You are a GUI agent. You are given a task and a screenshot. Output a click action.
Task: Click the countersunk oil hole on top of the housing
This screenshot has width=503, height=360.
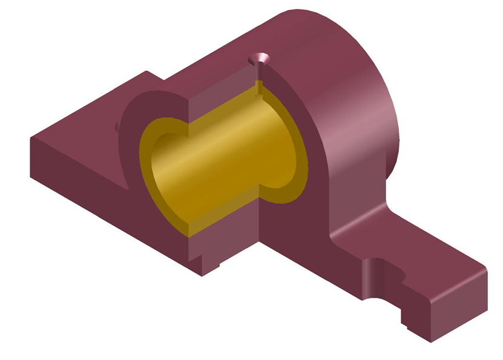tap(260, 59)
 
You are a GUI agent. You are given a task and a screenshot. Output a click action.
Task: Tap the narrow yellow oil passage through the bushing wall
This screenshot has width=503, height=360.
tap(260, 88)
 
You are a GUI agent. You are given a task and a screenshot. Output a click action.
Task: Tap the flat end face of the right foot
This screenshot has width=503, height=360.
tap(460, 309)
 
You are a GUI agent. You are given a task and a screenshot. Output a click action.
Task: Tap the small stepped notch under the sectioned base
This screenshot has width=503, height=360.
tap(214, 265)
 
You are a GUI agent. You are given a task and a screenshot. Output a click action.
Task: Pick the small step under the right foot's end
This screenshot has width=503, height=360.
tap(406, 320)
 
